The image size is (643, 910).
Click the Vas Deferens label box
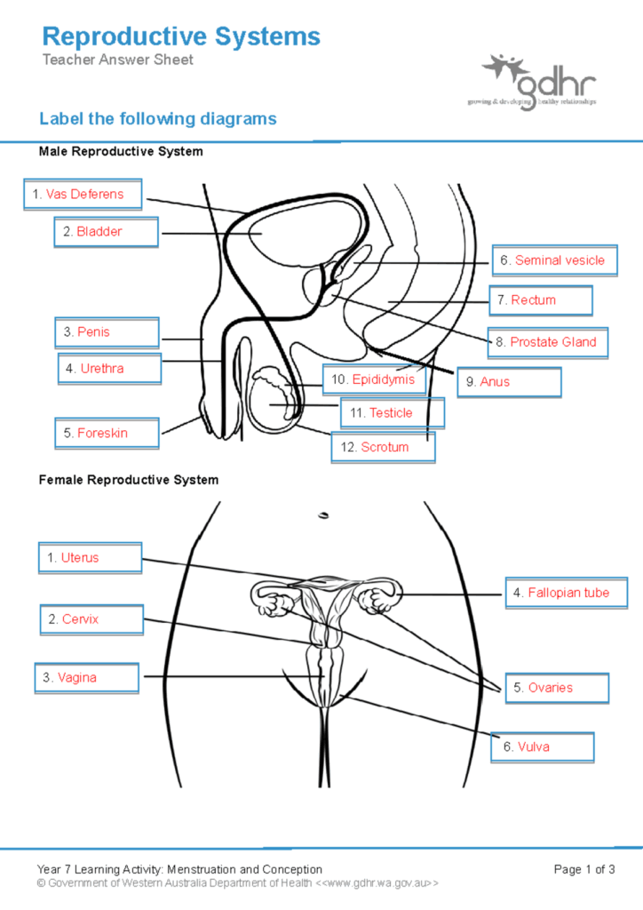click(83, 195)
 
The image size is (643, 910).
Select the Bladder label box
click(106, 232)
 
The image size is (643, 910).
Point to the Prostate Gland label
click(548, 342)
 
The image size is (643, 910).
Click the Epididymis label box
click(374, 380)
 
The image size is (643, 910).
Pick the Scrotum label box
click(384, 447)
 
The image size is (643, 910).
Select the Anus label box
click(510, 382)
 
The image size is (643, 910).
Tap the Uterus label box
click(90, 558)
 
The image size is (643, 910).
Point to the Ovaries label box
click(557, 688)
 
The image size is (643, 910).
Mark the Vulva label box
click(543, 747)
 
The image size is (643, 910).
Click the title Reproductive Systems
click(181, 37)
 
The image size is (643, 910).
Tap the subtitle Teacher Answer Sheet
click(117, 60)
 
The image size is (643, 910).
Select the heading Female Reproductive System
click(128, 480)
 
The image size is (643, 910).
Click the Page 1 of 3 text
click(583, 869)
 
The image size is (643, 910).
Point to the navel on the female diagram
click(322, 514)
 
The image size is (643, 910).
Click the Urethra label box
click(110, 368)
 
